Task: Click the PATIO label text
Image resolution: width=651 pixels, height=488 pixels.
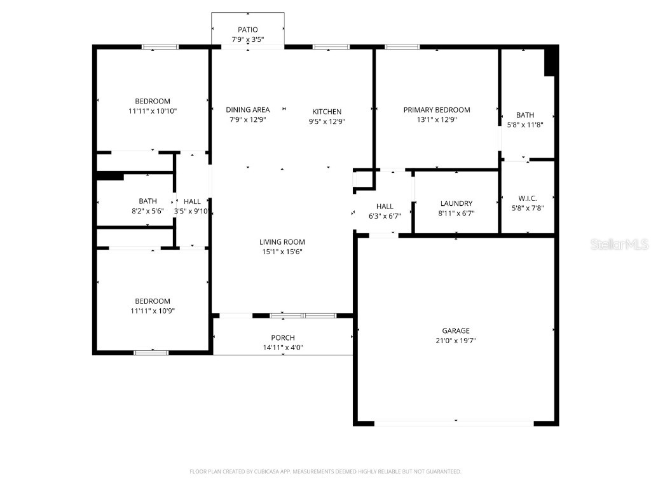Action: pyautogui.click(x=247, y=29)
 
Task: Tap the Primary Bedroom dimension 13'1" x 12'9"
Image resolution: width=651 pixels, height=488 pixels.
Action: pyautogui.click(x=437, y=119)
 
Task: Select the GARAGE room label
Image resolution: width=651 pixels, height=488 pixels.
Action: pyautogui.click(x=456, y=330)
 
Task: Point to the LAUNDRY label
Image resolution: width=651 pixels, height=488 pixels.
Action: pyautogui.click(x=456, y=203)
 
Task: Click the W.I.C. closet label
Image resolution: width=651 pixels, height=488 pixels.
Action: pyautogui.click(x=527, y=198)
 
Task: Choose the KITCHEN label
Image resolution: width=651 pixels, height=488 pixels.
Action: pyautogui.click(x=327, y=112)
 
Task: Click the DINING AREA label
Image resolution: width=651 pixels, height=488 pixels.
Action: pyautogui.click(x=247, y=110)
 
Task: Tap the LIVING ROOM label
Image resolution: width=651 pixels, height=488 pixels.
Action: pyautogui.click(x=282, y=241)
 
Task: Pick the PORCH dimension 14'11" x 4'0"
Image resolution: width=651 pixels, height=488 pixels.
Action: pyautogui.click(x=282, y=348)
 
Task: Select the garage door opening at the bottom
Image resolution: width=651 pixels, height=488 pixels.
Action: pyautogui.click(x=454, y=423)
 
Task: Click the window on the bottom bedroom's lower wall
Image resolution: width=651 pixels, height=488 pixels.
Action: pyautogui.click(x=151, y=352)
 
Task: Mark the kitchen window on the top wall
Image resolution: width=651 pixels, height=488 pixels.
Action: pyautogui.click(x=331, y=46)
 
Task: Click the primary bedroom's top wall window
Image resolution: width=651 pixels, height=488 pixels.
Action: pyautogui.click(x=402, y=46)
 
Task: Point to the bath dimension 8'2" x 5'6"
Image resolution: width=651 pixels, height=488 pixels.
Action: pyautogui.click(x=147, y=211)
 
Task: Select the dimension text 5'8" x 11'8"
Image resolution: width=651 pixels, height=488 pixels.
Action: pyautogui.click(x=525, y=125)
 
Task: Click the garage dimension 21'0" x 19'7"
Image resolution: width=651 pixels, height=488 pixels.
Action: pyautogui.click(x=456, y=341)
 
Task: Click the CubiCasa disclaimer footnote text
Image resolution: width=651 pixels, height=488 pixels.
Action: pyautogui.click(x=325, y=471)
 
